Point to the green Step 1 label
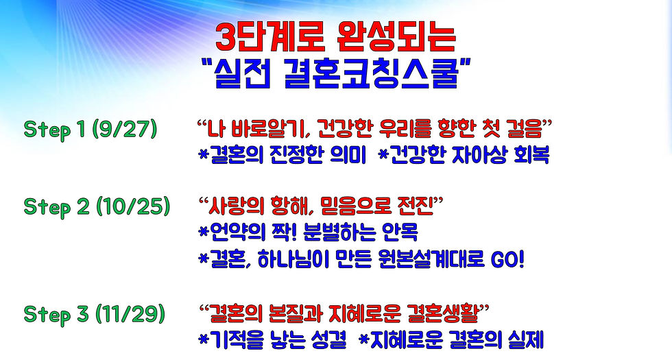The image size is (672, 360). [53, 130]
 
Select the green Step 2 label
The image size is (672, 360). [53, 206]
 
